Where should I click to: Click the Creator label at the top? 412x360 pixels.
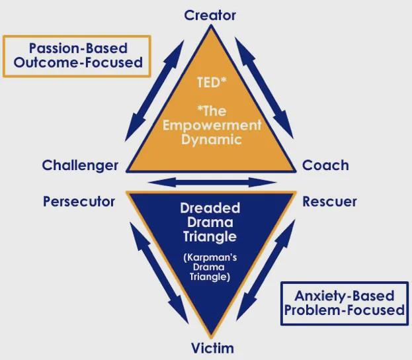pyautogui.click(x=210, y=15)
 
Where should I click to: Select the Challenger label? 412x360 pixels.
pyautogui.click(x=80, y=165)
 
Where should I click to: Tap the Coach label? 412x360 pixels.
pyautogui.click(x=325, y=165)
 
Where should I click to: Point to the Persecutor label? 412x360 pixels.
pyautogui.click(x=79, y=201)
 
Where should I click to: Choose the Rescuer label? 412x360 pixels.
pyautogui.click(x=329, y=201)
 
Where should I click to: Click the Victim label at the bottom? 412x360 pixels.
pyautogui.click(x=212, y=347)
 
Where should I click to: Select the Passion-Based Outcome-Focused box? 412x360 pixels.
pyautogui.click(x=77, y=56)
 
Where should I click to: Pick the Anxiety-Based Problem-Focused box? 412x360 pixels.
pyautogui.click(x=344, y=303)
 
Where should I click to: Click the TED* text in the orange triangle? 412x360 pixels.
pyautogui.click(x=211, y=84)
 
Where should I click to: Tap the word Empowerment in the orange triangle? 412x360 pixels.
pyautogui.click(x=211, y=125)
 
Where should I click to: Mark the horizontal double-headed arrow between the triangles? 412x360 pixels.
pyautogui.click(x=210, y=181)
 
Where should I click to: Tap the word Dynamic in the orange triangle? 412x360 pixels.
pyautogui.click(x=211, y=139)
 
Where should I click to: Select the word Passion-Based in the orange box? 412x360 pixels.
pyautogui.click(x=77, y=48)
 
